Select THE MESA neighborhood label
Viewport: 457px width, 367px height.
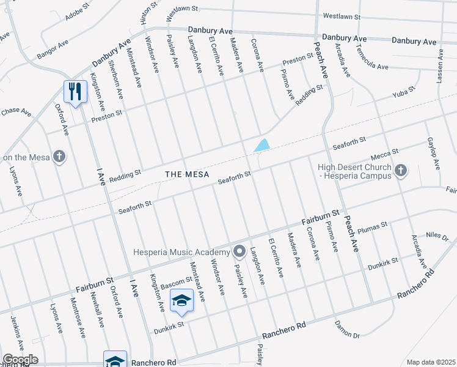[187, 174]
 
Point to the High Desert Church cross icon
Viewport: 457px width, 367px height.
[401, 171]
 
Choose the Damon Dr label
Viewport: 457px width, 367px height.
[348, 328]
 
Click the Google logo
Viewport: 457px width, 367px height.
[20, 359]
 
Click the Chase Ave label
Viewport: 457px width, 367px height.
[16, 112]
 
